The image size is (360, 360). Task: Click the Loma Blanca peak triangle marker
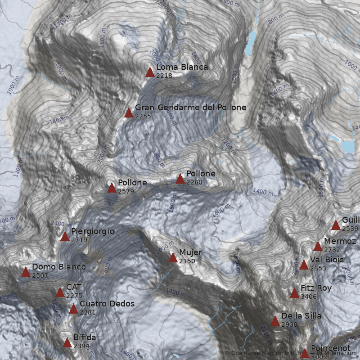coord(150,72)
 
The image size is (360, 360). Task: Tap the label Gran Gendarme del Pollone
coord(191,108)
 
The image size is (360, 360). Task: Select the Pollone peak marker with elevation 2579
coord(112,188)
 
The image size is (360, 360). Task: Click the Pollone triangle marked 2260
coord(180,179)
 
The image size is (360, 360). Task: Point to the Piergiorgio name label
coord(92,231)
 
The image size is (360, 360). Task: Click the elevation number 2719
coord(79,240)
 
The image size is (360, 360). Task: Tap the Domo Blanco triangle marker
coord(26,272)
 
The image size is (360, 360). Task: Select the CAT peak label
coord(74,287)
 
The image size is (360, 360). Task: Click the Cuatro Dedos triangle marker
coord(73,309)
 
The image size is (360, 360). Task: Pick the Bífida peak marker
coord(67,343)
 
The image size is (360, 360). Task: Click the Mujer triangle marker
coord(173,257)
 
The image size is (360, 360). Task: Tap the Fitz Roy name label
coord(316,288)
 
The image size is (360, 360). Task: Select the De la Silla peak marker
coord(275,321)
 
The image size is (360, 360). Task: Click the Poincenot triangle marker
coord(305,353)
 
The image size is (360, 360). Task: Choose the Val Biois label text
coord(327,260)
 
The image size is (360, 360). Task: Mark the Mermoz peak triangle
coord(318,246)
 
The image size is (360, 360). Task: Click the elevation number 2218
coord(164,76)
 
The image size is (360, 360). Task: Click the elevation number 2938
coord(289,324)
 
